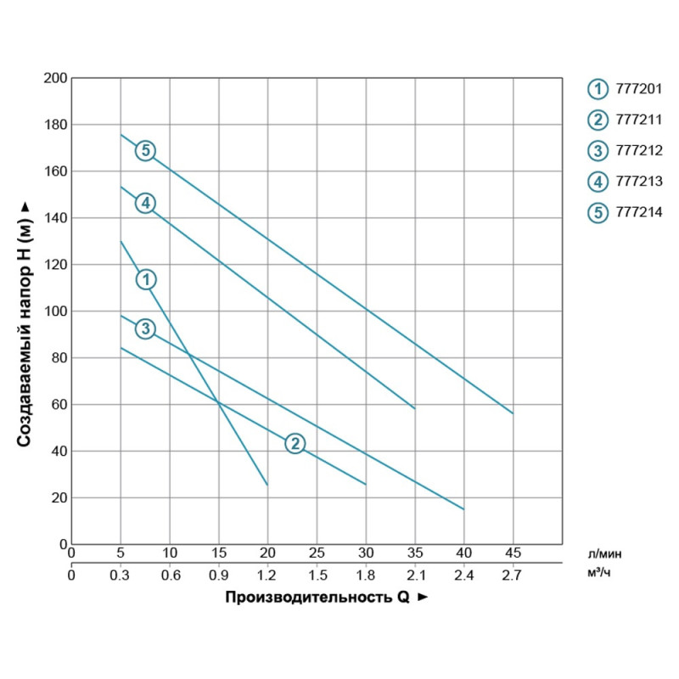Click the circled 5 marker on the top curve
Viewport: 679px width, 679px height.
click(145, 150)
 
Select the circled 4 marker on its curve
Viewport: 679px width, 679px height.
click(145, 203)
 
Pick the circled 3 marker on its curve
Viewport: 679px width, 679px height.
click(145, 328)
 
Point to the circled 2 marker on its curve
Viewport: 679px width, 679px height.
click(294, 443)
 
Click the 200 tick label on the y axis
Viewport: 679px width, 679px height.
click(54, 78)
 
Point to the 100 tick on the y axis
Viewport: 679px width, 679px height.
click(54, 311)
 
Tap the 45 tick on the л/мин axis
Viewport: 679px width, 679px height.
click(513, 554)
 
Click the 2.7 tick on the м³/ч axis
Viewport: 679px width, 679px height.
click(513, 575)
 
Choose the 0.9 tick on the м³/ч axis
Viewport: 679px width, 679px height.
click(219, 575)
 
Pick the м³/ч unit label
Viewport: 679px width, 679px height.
click(600, 575)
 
